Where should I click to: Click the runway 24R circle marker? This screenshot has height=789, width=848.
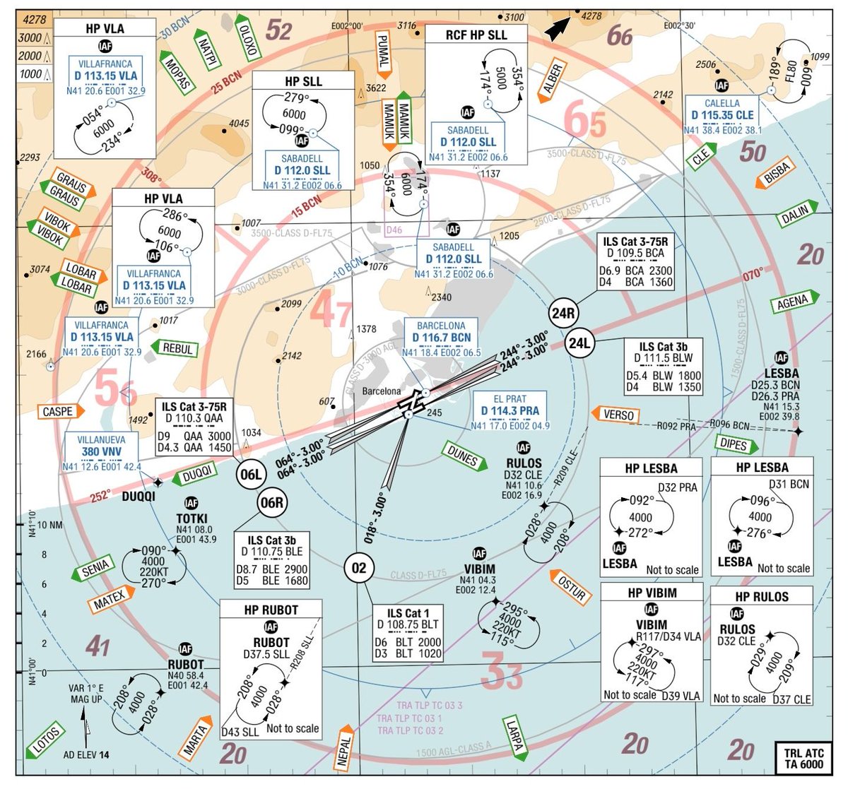[563, 313]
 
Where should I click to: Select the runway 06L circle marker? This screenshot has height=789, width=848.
[251, 474]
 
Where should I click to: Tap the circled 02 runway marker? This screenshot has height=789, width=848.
[359, 568]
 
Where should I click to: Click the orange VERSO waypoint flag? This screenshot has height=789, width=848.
[616, 415]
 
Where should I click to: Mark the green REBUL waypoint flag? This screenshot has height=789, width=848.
[176, 348]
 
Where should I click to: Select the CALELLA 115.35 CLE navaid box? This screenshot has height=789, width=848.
[722, 116]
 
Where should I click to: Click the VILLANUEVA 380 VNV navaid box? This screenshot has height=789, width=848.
[102, 453]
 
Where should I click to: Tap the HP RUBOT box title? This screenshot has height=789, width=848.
[271, 610]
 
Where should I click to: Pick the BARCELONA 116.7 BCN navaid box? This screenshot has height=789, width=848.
[441, 339]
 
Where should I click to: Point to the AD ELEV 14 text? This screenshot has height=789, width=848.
[86, 754]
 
